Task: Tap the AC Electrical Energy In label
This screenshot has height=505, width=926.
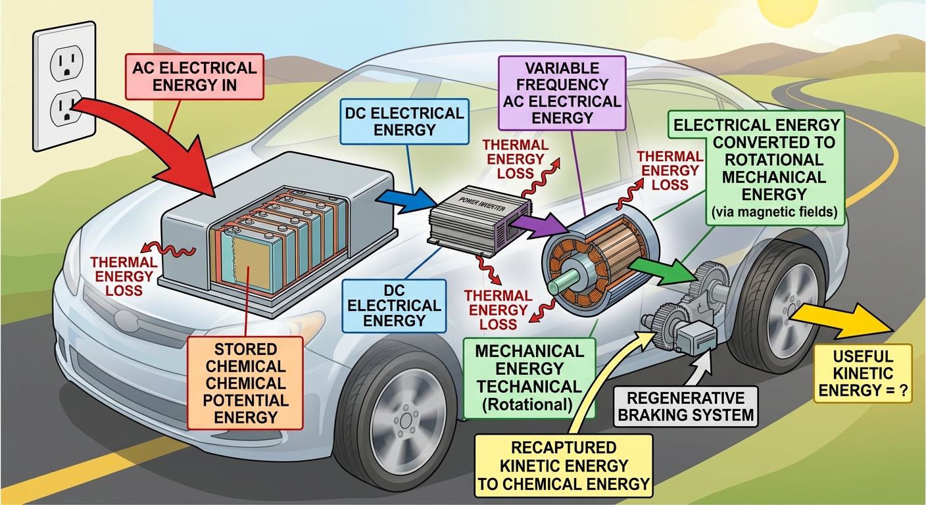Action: click(x=195, y=77)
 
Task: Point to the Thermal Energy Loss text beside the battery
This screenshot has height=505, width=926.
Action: click(x=124, y=276)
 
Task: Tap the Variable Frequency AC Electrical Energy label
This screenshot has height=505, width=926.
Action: click(x=562, y=93)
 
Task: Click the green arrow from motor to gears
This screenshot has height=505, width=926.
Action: click(x=663, y=270)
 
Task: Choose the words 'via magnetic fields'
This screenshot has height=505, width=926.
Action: click(x=774, y=212)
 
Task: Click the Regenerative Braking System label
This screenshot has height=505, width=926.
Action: click(x=686, y=406)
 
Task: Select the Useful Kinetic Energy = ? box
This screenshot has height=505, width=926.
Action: click(x=863, y=373)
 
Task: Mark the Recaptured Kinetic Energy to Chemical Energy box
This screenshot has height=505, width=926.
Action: click(x=564, y=466)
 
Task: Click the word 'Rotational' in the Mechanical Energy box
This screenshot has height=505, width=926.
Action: click(x=530, y=404)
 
